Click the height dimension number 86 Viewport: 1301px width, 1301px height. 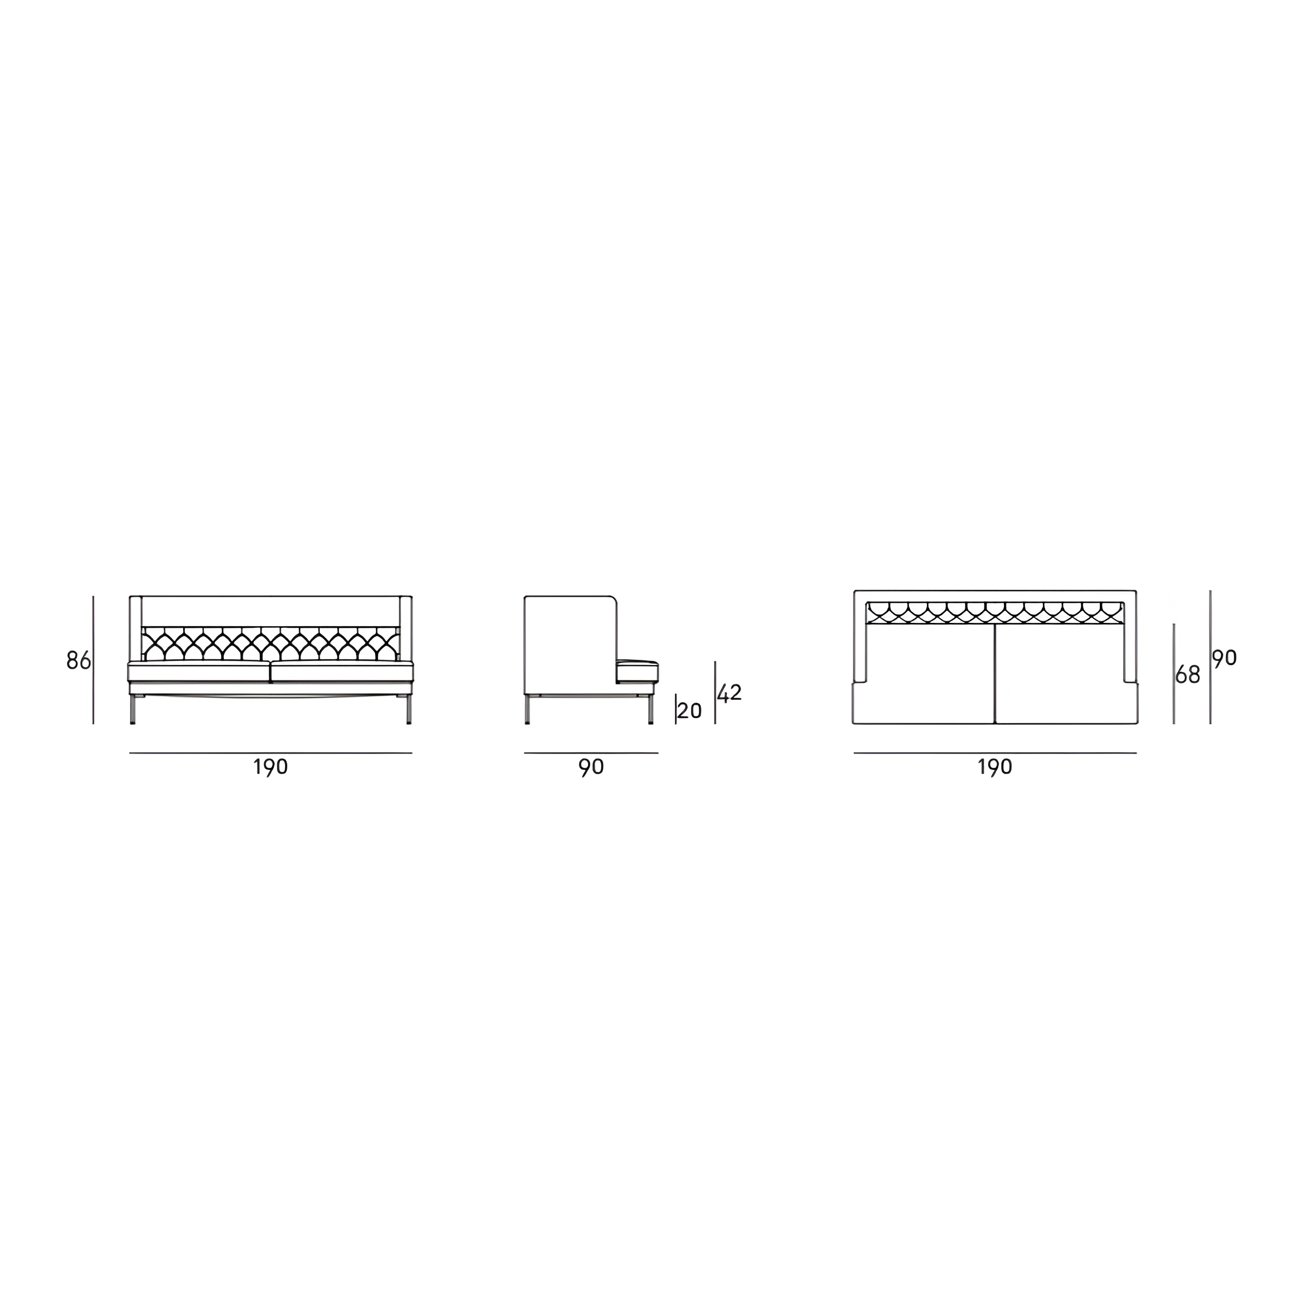(79, 661)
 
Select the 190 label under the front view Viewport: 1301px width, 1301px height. (270, 767)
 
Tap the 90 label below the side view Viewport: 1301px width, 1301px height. (591, 767)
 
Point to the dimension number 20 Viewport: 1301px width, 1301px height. (690, 711)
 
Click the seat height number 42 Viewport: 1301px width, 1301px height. (729, 693)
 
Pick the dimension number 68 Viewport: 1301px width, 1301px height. (1188, 675)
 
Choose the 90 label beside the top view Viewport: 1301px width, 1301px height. (1225, 658)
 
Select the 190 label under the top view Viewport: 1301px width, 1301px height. (995, 767)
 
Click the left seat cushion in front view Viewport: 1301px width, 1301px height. (199, 673)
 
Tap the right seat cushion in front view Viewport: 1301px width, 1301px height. (342, 673)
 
